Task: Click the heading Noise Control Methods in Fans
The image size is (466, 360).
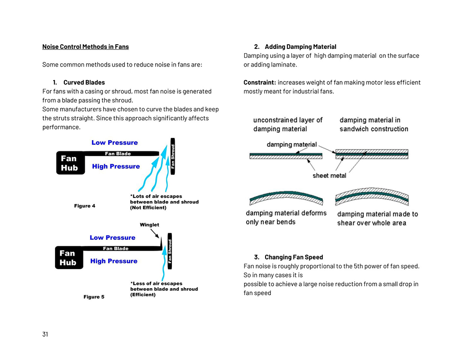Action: point(85,47)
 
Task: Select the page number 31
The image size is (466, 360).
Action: point(45,334)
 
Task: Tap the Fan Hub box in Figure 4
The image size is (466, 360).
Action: point(70,163)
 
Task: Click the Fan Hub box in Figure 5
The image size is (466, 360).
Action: point(69,258)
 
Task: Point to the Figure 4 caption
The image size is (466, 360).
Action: point(85,206)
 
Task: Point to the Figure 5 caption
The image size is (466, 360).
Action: point(94,297)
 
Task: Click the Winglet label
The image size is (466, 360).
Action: point(149,225)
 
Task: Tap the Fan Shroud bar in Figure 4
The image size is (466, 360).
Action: point(173,156)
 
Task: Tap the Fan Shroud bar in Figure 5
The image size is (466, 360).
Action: point(170,251)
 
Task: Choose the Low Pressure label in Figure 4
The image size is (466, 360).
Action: point(115,143)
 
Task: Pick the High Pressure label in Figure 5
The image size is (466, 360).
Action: point(114,261)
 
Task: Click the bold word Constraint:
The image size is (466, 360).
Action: point(260,82)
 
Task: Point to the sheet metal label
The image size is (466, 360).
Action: point(329,176)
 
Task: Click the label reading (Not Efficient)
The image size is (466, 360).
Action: point(148,208)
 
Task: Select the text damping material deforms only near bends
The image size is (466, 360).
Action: point(286,217)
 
